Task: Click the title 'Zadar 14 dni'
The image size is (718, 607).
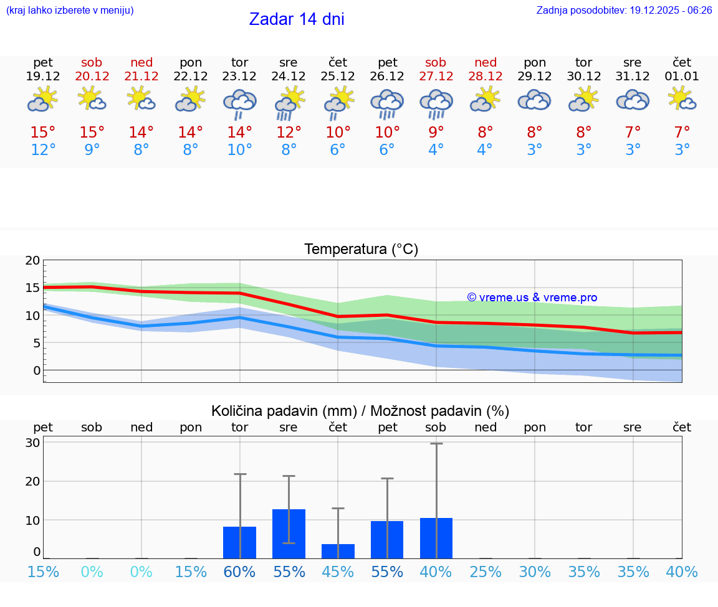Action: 297,19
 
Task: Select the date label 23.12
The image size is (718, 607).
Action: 239,77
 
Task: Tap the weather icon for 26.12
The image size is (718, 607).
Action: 387,103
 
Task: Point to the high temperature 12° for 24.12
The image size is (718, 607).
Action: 289,133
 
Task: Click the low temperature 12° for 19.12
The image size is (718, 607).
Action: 43,150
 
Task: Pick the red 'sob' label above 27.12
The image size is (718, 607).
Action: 436,63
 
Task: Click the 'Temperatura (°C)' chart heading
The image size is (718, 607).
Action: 361,250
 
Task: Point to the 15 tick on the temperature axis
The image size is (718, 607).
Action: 32,288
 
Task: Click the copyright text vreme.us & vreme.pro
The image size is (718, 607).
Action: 532,298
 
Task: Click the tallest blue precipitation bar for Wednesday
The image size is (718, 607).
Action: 289,534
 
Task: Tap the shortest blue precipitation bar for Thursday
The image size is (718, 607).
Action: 338,551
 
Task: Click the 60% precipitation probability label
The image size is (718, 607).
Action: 239,572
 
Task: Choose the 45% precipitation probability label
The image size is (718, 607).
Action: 338,572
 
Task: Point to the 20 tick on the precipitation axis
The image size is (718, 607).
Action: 32,481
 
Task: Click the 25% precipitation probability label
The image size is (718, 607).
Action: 486,572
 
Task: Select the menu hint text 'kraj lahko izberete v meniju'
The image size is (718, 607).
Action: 70,11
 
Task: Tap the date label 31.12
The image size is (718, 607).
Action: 633,77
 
